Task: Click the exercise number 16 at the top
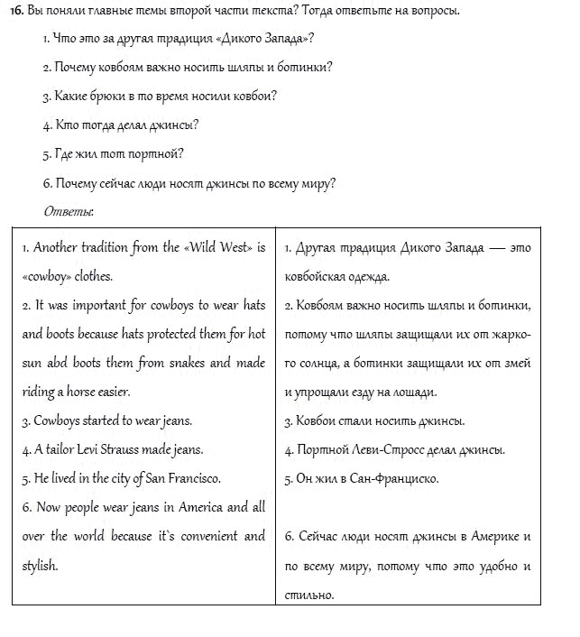[x=15, y=11]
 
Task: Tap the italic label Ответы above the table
[x=69, y=212]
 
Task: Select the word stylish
[x=41, y=566]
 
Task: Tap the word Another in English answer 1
[x=57, y=247]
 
